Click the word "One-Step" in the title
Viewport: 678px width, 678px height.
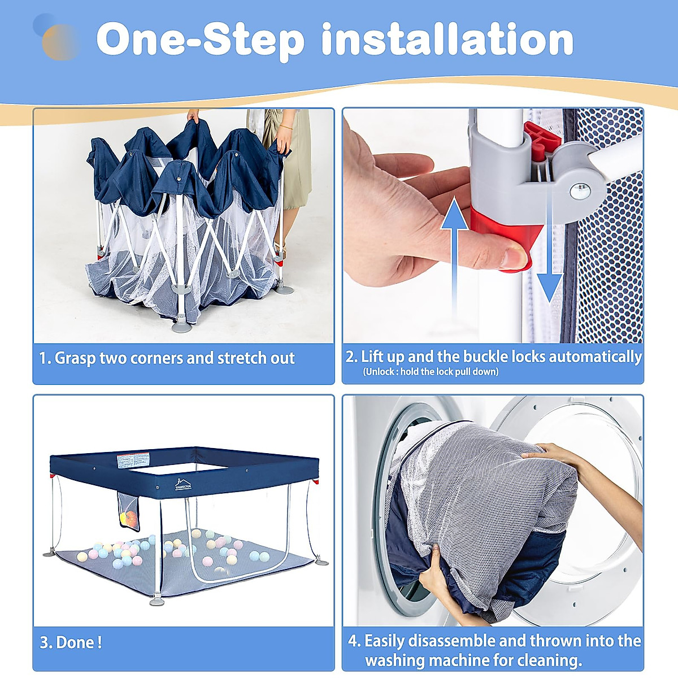(201, 40)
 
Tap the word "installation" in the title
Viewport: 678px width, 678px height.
(447, 40)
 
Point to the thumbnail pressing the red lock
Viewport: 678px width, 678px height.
(515, 257)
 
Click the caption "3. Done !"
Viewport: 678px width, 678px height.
(71, 642)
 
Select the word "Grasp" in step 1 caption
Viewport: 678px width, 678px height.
(75, 358)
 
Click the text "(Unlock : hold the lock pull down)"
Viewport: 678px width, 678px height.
(431, 372)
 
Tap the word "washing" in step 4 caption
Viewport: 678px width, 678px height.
(395, 660)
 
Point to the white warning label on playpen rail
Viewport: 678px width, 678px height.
(133, 460)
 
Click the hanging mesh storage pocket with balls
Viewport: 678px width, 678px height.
(128, 511)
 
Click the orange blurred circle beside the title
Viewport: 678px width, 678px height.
(59, 42)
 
